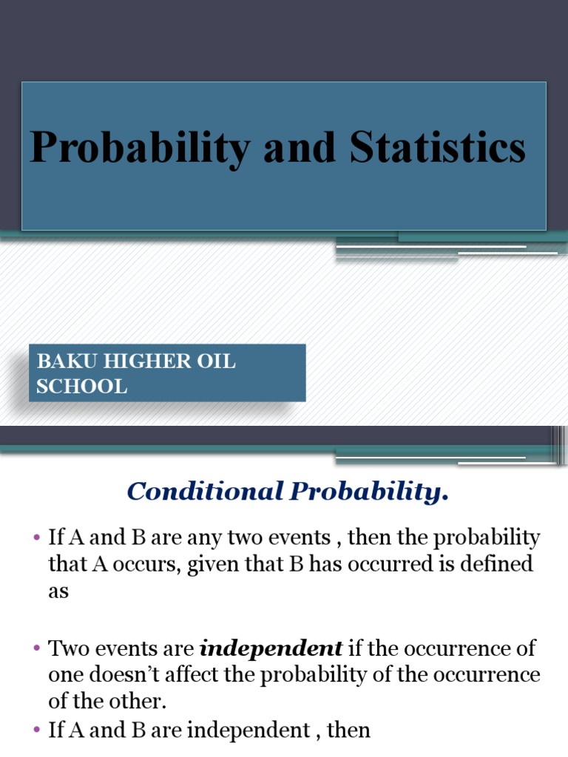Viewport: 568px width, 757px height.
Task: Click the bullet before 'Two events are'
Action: pyautogui.click(x=35, y=649)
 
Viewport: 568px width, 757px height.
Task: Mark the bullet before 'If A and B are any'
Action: pyautogui.click(x=35, y=538)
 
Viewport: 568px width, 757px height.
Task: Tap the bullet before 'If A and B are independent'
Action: pyautogui.click(x=35, y=731)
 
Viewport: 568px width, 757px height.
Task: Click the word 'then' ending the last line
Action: pyautogui.click(x=347, y=731)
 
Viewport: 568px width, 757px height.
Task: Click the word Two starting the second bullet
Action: pyautogui.click(x=67, y=649)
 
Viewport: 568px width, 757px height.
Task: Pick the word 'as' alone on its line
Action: pyautogui.click(x=58, y=592)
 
